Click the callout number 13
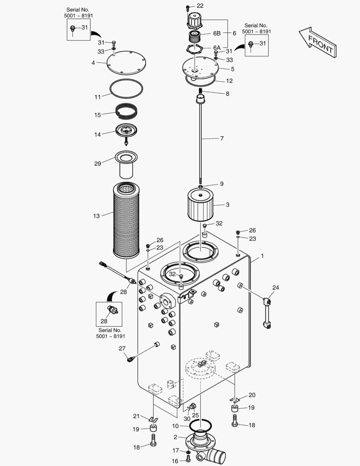click(x=97, y=216)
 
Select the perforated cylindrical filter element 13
click(x=126, y=220)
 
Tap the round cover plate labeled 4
click(x=126, y=63)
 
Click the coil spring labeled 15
click(x=126, y=110)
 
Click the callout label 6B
click(x=217, y=33)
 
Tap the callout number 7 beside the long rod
click(x=222, y=138)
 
